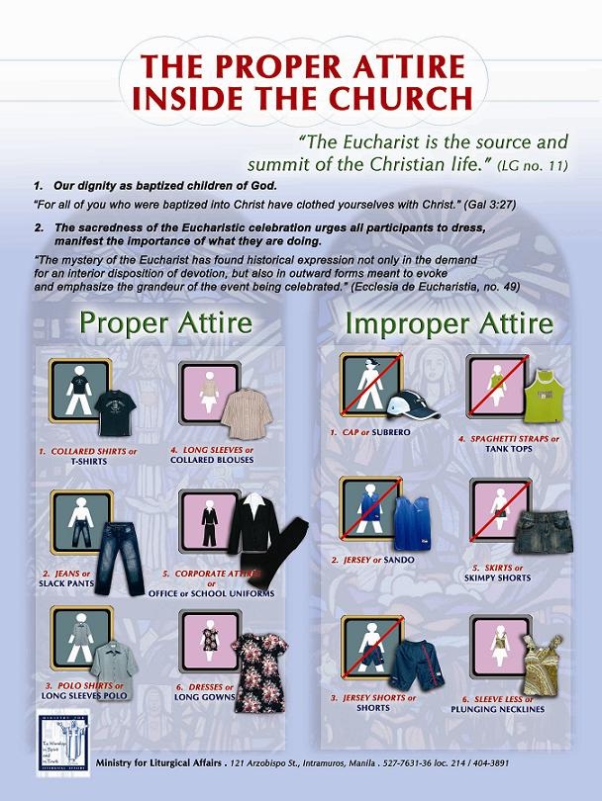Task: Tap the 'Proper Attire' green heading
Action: tap(165, 322)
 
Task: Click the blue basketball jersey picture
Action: tap(413, 524)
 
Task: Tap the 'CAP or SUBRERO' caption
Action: tap(372, 432)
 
